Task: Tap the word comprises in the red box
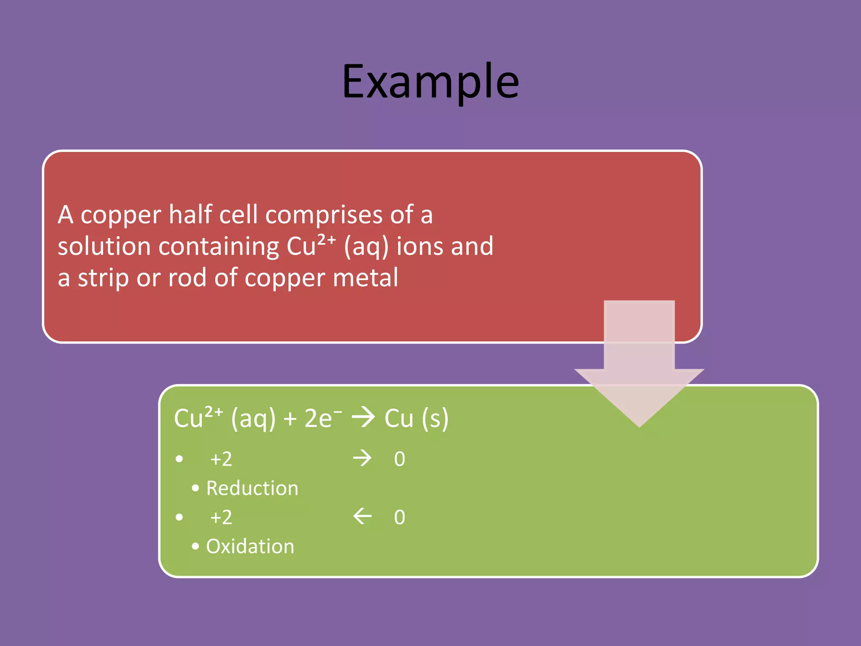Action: pyautogui.click(x=324, y=215)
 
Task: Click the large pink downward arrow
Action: pyautogui.click(x=639, y=362)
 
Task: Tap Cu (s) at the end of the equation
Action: pyautogui.click(x=416, y=418)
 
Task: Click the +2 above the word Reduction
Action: pyautogui.click(x=221, y=459)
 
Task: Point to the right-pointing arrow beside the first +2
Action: pyautogui.click(x=362, y=458)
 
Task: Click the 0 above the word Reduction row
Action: pyautogui.click(x=399, y=459)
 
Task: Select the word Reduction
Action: pyautogui.click(x=252, y=488)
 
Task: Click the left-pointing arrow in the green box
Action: pyautogui.click(x=362, y=516)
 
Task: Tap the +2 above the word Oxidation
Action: pyautogui.click(x=221, y=517)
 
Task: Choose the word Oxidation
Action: pyautogui.click(x=250, y=546)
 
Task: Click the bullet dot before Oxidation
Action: pyautogui.click(x=195, y=546)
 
